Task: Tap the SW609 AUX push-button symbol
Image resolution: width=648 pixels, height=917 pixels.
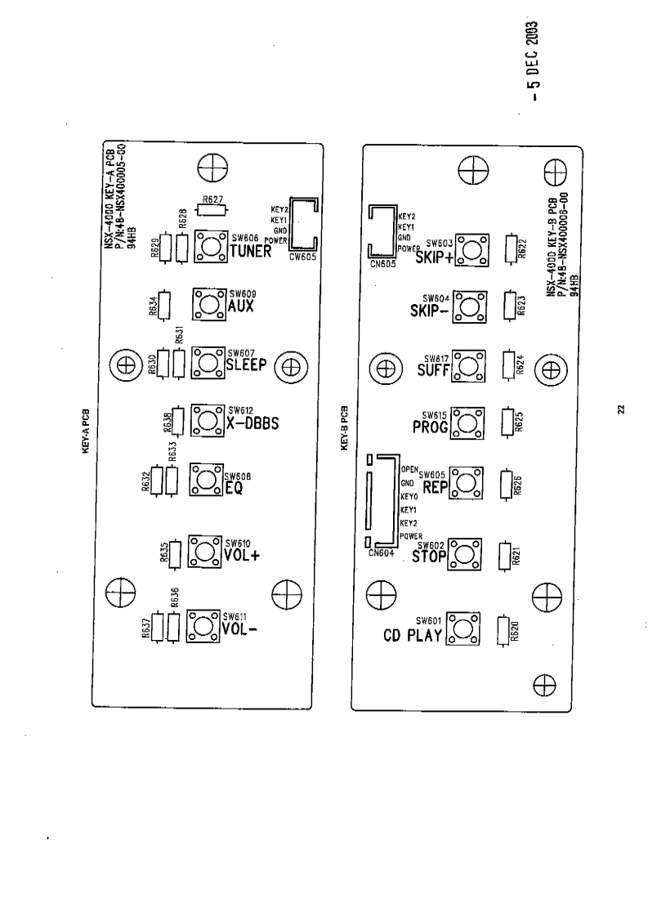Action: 208,303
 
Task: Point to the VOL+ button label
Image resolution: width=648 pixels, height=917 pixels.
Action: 239,554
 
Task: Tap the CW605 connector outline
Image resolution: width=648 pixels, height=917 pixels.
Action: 304,225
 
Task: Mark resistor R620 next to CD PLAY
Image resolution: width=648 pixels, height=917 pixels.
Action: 504,628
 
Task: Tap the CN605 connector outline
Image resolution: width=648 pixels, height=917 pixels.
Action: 380,230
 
